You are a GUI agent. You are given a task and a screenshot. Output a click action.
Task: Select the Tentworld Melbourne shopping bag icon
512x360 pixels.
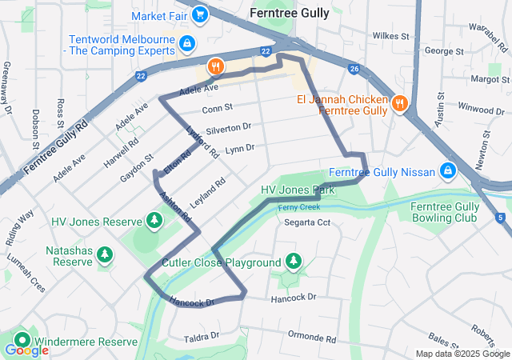(x=186, y=42)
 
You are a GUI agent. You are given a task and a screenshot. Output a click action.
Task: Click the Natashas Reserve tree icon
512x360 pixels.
(x=104, y=254)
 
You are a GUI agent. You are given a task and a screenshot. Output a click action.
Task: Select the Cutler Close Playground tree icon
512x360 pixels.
(x=294, y=261)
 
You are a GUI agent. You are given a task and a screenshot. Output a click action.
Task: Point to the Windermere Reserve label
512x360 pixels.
(x=86, y=342)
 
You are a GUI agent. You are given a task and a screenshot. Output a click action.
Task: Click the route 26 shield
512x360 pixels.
(x=354, y=69)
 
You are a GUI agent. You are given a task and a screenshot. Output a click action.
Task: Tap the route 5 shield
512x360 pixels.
(x=500, y=217)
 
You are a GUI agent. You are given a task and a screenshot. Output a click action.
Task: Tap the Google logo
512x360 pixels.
(x=26, y=350)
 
